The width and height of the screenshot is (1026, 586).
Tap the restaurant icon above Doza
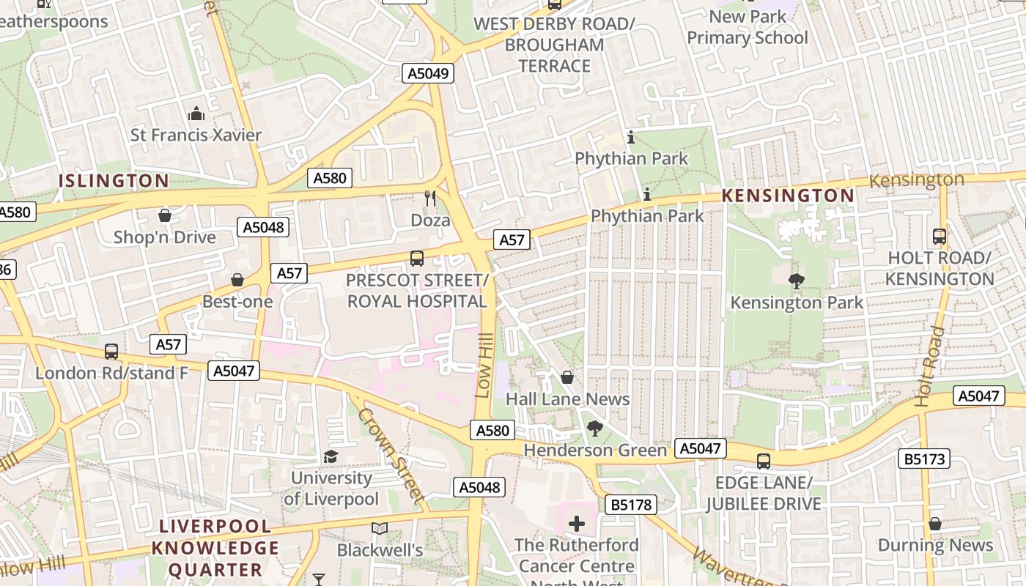pyautogui.click(x=430, y=198)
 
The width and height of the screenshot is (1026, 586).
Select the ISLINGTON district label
pyautogui.click(x=114, y=181)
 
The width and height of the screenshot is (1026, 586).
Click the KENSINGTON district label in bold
pyautogui.click(x=788, y=196)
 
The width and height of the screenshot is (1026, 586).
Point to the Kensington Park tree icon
pyautogui.click(x=796, y=281)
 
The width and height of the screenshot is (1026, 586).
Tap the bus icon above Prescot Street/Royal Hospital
pyautogui.click(x=416, y=258)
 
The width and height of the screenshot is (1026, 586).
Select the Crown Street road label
pyautogui.click(x=391, y=456)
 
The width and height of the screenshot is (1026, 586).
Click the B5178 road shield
pyautogui.click(x=631, y=504)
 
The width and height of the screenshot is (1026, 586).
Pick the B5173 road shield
pyautogui.click(x=924, y=459)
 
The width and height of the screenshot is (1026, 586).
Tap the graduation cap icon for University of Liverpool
pyautogui.click(x=331, y=457)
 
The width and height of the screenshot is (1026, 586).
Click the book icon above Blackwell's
pyautogui.click(x=379, y=528)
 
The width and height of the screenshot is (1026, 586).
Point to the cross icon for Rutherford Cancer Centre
pyautogui.click(x=577, y=524)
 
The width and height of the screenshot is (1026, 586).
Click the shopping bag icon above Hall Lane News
pyautogui.click(x=566, y=377)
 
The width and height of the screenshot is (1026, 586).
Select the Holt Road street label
pyautogui.click(x=931, y=366)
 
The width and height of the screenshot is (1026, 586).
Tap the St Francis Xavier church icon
pyautogui.click(x=196, y=114)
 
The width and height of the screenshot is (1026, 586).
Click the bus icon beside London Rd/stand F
pyautogui.click(x=111, y=352)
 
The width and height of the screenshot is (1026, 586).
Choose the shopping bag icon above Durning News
pyautogui.click(x=934, y=524)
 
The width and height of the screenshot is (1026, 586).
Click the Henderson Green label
pyautogui.click(x=595, y=450)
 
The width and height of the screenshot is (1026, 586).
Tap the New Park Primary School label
pyautogui.click(x=748, y=27)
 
